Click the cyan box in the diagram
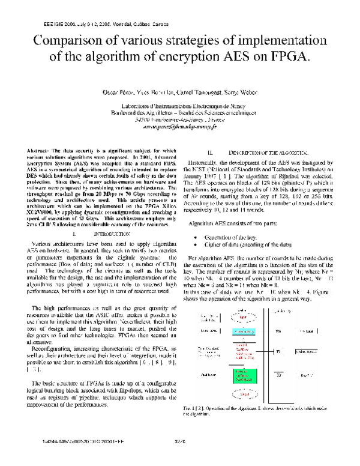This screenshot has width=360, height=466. pyautogui.click(x=243, y=331)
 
